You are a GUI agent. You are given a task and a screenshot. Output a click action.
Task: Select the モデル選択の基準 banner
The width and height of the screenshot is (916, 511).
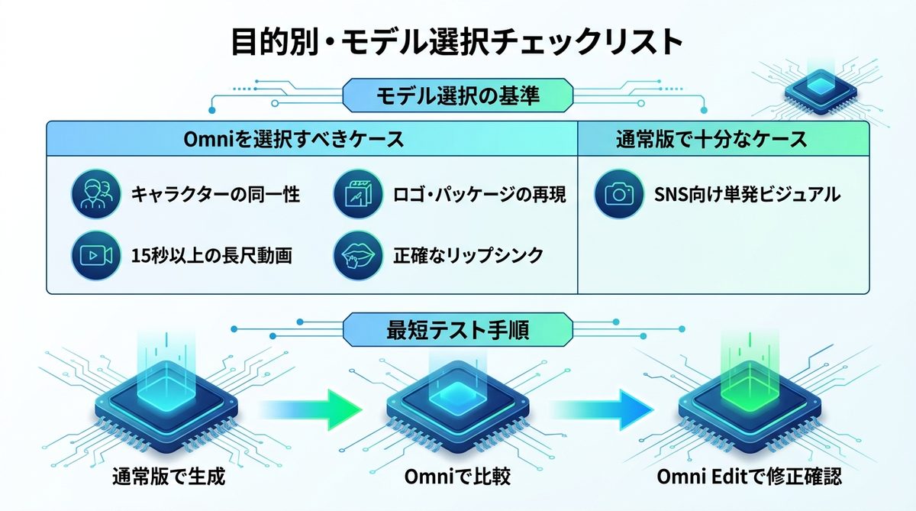point(459,95)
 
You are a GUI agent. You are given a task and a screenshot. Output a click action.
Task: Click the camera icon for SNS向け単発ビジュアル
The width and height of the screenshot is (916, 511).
point(615,194)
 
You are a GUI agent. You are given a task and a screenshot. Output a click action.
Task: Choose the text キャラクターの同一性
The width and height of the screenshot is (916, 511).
point(216,195)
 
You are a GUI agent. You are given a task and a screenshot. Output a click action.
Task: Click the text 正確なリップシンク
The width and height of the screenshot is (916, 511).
point(466,255)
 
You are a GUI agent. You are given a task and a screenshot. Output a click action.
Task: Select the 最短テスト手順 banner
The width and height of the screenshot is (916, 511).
point(459,330)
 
